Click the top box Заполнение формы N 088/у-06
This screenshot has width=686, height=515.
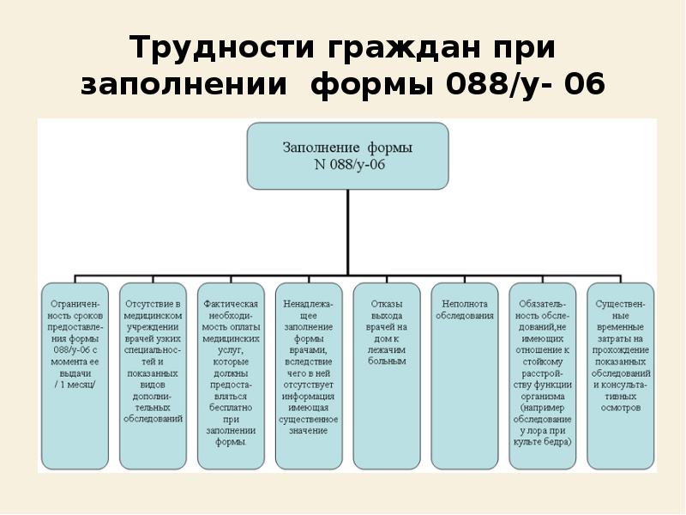[347, 155]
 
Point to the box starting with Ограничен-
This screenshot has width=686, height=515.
[75, 376]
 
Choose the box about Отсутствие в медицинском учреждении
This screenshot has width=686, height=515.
[153, 376]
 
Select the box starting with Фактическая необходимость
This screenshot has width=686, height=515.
[231, 376]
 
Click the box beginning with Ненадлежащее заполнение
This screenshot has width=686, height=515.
[309, 376]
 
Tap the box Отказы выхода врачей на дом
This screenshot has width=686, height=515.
[387, 376]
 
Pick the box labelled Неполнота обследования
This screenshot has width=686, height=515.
[464, 376]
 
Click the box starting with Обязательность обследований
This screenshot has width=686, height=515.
[542, 376]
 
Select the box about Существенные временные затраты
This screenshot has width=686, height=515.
[621, 376]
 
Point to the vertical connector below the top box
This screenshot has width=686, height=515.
[347, 232]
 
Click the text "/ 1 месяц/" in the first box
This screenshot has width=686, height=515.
[75, 385]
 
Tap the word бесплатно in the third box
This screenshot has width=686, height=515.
[231, 408]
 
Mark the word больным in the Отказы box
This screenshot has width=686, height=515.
[387, 361]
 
